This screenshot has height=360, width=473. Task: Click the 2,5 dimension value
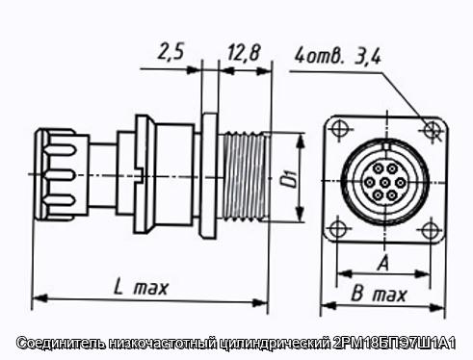point(171,53)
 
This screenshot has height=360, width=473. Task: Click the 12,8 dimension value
point(243,53)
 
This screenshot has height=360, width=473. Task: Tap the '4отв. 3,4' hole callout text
point(338,57)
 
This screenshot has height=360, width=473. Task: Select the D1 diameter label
point(290,179)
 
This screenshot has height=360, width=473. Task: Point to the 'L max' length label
point(141,288)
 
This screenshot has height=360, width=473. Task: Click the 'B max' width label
point(380,294)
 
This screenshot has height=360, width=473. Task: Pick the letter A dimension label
point(383,263)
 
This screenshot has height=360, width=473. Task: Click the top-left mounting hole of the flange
point(340,129)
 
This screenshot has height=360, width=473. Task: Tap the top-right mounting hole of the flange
point(433,129)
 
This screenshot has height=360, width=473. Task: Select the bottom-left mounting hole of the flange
point(337,229)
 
